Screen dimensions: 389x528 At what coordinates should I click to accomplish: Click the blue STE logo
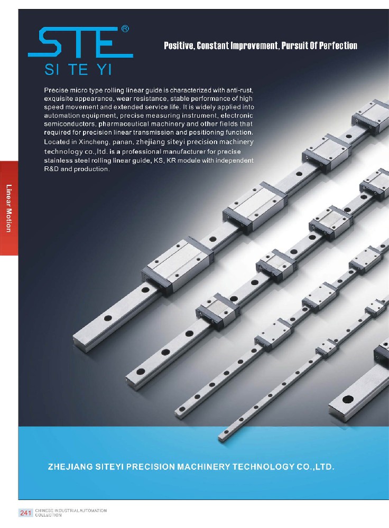tap(80, 42)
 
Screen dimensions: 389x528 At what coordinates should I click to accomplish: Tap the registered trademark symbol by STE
tap(125, 29)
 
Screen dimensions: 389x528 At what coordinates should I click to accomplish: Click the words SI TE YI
tap(78, 70)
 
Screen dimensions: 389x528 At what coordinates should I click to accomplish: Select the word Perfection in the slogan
tap(338, 45)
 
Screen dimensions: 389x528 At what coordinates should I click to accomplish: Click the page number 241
tap(25, 513)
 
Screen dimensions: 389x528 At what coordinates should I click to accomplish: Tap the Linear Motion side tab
tap(9, 208)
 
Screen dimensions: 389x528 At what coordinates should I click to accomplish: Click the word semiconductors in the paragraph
tap(69, 124)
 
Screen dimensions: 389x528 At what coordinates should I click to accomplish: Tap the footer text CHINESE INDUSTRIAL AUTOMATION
tap(71, 511)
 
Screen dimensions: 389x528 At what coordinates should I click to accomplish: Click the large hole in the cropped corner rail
tap(348, 400)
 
